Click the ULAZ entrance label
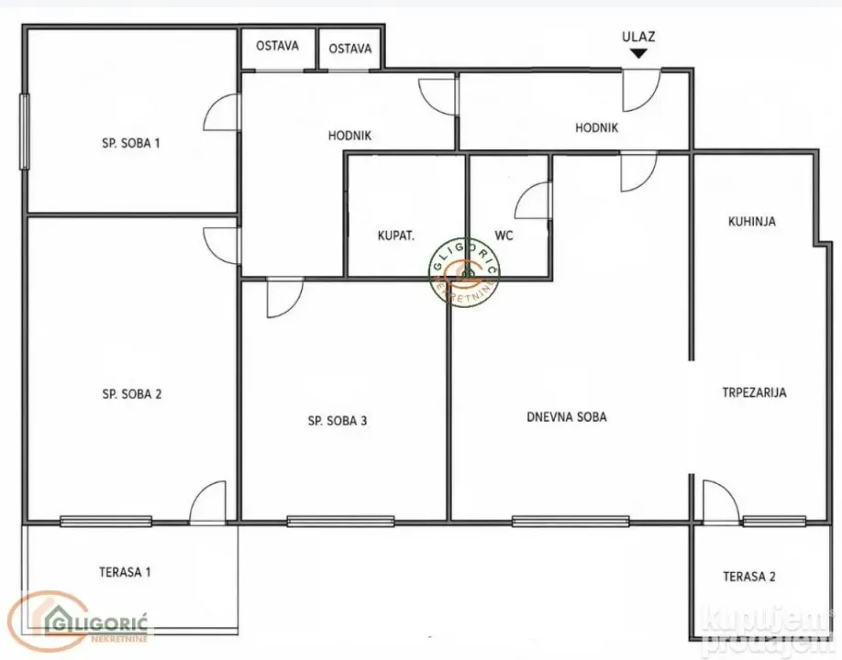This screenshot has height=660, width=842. click(x=638, y=37)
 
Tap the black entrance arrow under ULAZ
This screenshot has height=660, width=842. click(x=638, y=53)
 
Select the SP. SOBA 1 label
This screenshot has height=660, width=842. click(x=130, y=143)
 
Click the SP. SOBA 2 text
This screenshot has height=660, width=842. click(x=131, y=394)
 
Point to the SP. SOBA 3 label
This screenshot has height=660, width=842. click(x=338, y=421)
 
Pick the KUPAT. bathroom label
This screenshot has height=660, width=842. click(x=396, y=236)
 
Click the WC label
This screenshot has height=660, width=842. click(x=504, y=236)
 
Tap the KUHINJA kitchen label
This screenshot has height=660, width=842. click(x=752, y=222)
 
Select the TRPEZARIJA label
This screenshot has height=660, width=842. click(x=754, y=392)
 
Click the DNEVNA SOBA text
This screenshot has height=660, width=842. click(x=567, y=417)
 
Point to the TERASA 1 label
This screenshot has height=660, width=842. click(x=125, y=572)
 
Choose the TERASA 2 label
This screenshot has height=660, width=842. click(x=749, y=577)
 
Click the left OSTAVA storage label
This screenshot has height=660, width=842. click(x=277, y=46)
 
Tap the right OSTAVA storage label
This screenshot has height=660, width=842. click(x=350, y=49)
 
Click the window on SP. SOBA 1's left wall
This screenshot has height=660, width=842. click(x=24, y=131)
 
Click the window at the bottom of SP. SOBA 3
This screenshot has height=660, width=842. click(x=340, y=521)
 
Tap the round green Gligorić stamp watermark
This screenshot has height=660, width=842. click(x=464, y=272)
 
